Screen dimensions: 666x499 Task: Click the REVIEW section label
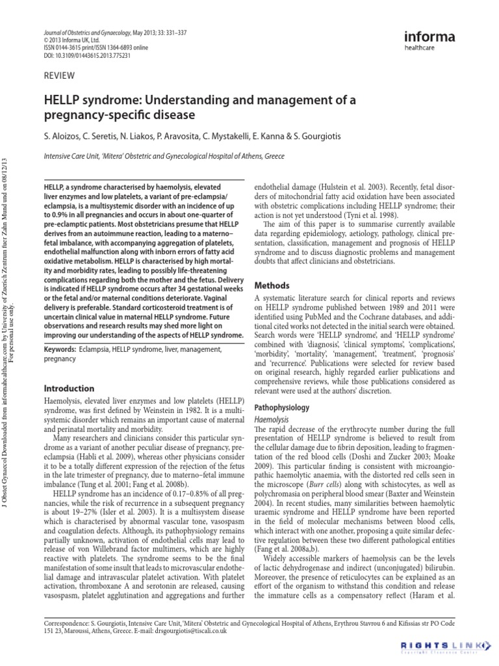click(x=58, y=75)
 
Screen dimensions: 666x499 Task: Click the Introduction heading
click(x=68, y=388)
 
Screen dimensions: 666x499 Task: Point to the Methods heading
click(x=271, y=286)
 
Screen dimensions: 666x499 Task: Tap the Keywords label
click(x=60, y=349)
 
